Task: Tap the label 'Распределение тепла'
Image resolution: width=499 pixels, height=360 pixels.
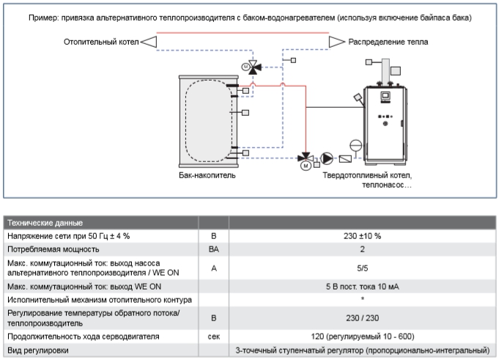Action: (x=388, y=42)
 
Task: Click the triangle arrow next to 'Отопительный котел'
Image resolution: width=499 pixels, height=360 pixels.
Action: (x=148, y=42)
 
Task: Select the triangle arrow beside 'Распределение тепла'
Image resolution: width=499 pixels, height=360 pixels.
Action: (x=336, y=42)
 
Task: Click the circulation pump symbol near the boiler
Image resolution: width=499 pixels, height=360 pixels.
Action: (x=327, y=158)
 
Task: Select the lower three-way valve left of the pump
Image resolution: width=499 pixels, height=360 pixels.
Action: (x=305, y=158)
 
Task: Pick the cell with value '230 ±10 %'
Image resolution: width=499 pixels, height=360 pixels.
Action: (x=363, y=236)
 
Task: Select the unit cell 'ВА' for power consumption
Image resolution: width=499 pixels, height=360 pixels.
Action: (x=213, y=249)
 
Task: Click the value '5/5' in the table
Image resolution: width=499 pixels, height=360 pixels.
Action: (x=363, y=267)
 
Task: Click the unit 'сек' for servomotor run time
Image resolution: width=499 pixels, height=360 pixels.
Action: (x=213, y=336)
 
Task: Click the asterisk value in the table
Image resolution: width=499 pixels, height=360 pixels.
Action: (x=363, y=299)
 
